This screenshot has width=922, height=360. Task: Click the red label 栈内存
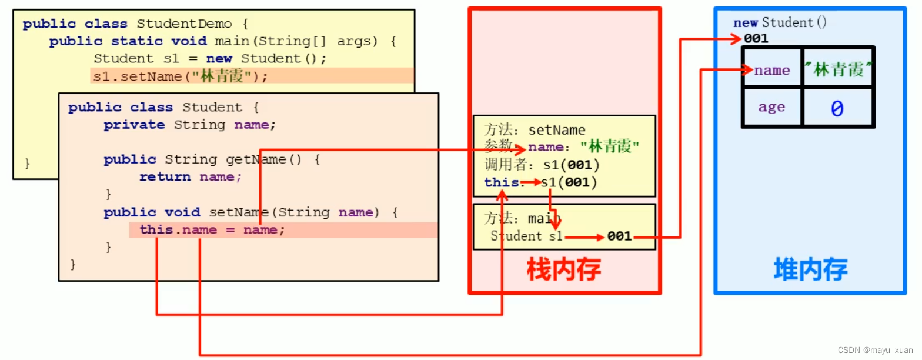pyautogui.click(x=563, y=269)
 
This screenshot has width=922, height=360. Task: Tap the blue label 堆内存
pyautogui.click(x=810, y=269)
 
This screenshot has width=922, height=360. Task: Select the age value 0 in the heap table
pyautogui.click(x=837, y=108)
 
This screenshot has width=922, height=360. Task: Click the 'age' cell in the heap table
pyautogui.click(x=771, y=107)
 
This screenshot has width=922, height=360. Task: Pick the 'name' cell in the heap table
pyautogui.click(x=772, y=71)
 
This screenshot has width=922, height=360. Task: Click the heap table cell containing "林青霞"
pyautogui.click(x=838, y=71)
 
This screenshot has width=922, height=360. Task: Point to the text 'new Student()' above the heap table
pyautogui.click(x=780, y=23)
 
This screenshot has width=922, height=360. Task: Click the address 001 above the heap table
pyautogui.click(x=756, y=39)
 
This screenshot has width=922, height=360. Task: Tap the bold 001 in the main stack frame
pyautogui.click(x=619, y=236)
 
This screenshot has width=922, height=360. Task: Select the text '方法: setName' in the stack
pyautogui.click(x=535, y=129)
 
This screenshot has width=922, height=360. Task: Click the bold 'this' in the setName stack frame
pyautogui.click(x=501, y=182)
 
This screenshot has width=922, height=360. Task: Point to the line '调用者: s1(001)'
pyautogui.click(x=541, y=165)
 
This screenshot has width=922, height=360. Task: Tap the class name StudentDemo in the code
pyautogui.click(x=184, y=24)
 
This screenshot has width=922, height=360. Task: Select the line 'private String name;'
pyautogui.click(x=189, y=125)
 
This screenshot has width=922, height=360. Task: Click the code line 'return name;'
pyautogui.click(x=190, y=176)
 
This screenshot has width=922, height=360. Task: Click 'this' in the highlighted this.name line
pyautogui.click(x=156, y=230)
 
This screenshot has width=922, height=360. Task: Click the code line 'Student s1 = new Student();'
pyautogui.click(x=209, y=58)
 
